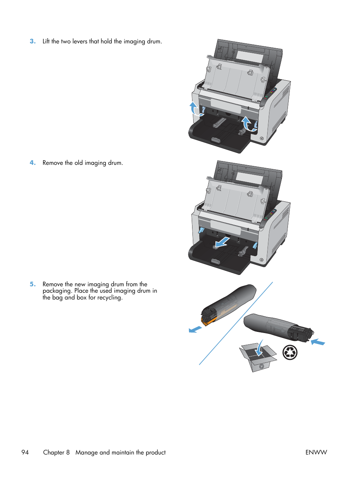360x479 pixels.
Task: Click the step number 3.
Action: coord(32,41)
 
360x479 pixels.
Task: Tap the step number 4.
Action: coord(32,163)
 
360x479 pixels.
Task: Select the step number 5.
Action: coord(32,284)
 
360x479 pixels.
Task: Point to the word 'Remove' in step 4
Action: coord(52,163)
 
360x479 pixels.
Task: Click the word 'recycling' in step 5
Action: coord(109,298)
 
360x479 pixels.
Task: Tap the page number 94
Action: coord(25,452)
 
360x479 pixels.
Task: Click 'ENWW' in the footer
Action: coord(316,452)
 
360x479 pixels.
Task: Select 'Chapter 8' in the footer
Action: coord(56,452)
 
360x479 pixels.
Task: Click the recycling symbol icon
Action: coord(290,352)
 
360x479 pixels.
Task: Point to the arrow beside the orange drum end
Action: coord(195,329)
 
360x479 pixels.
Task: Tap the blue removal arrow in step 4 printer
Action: coord(222,242)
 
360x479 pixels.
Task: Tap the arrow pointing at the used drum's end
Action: coord(318,342)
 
